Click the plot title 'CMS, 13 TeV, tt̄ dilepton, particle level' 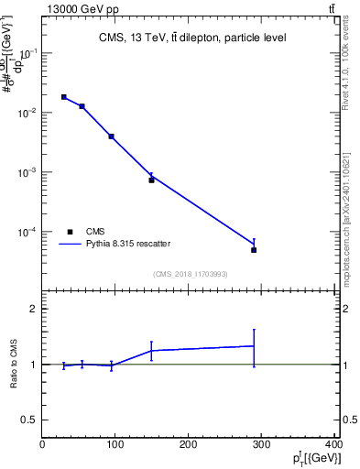click(192, 38)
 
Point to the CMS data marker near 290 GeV click(254, 250)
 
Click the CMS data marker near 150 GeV click(151, 180)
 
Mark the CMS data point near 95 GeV click(111, 136)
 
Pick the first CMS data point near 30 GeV click(63, 97)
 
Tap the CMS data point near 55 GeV click(82, 106)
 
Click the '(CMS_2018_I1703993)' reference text click(190, 273)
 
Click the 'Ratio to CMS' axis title click(14, 365)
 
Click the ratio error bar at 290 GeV click(254, 346)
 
